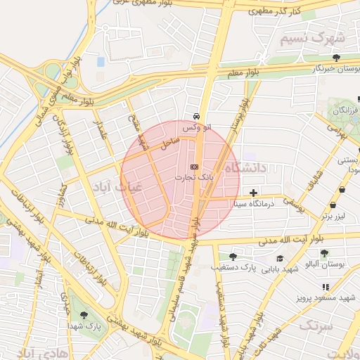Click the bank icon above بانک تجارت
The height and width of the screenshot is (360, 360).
(194, 167)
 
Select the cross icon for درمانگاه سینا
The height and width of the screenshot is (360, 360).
(253, 193)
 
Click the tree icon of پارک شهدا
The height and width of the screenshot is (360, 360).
(85, 315)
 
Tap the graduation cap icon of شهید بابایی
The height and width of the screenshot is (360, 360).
(280, 257)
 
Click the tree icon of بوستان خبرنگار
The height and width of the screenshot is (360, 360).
(337, 57)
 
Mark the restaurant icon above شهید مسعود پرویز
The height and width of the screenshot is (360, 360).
(325, 287)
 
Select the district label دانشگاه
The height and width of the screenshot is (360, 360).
(245, 168)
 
